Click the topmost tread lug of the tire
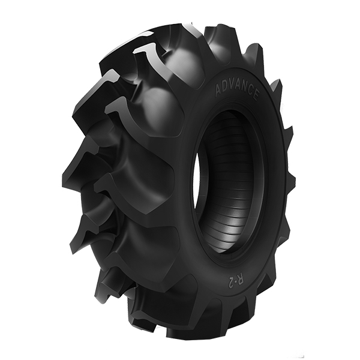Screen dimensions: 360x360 click(180, 27)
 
